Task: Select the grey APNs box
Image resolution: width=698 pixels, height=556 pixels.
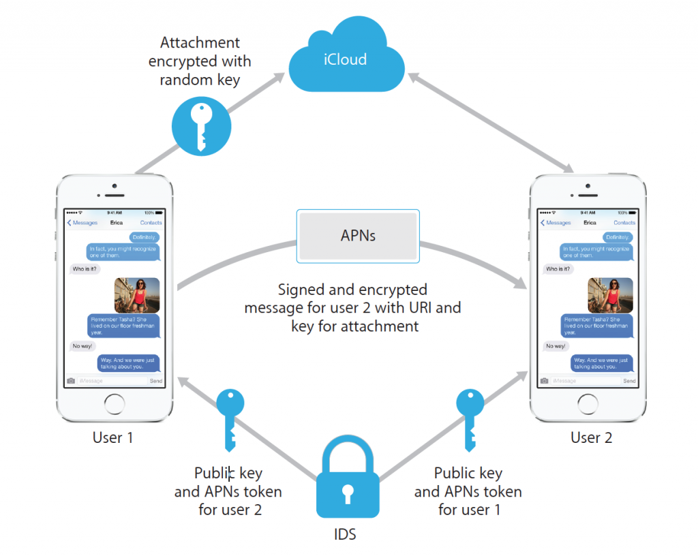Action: click(x=358, y=236)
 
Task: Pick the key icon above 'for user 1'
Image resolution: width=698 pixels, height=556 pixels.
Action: click(x=470, y=420)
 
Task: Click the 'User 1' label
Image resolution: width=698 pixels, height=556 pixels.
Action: click(x=113, y=437)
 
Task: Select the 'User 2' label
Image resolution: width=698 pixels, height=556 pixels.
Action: click(x=591, y=437)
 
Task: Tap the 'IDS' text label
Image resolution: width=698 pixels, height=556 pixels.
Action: click(x=346, y=534)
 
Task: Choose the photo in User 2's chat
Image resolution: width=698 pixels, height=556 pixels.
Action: click(x=611, y=295)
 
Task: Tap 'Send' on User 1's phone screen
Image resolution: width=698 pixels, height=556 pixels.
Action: click(x=156, y=381)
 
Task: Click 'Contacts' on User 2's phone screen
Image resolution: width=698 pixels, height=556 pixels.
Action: click(x=624, y=223)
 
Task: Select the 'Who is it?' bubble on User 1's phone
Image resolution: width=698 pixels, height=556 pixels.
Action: click(x=85, y=268)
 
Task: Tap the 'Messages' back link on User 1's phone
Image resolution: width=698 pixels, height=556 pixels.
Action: click(x=82, y=223)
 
